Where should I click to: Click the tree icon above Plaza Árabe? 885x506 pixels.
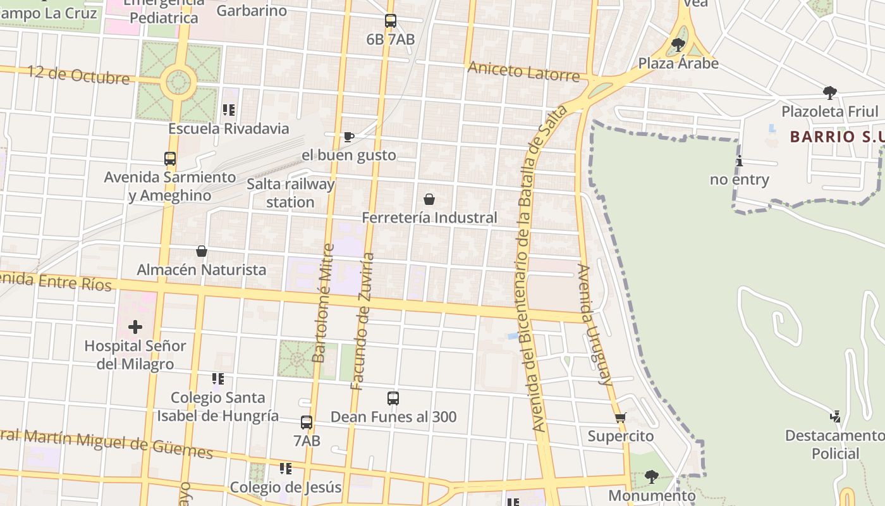[x=678, y=45]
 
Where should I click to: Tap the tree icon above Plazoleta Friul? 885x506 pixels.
[x=830, y=93]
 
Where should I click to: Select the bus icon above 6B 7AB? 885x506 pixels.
[x=391, y=21]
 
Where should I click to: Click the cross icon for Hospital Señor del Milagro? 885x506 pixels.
[x=135, y=327]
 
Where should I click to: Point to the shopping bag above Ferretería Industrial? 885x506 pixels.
[x=429, y=199]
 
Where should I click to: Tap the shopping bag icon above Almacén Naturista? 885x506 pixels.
[x=202, y=251]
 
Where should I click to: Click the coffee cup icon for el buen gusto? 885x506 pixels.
[x=348, y=137]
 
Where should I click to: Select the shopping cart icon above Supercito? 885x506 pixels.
[x=620, y=417]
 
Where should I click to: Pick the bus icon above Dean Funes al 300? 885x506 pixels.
[x=393, y=398]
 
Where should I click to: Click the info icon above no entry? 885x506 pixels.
[x=740, y=161]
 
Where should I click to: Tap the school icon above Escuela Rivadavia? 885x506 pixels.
[x=229, y=110]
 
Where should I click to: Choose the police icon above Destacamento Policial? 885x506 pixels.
[x=836, y=417]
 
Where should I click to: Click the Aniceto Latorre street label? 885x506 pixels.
[x=523, y=71]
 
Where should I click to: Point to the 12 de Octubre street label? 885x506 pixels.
[x=78, y=75]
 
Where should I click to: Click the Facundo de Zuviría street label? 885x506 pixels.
[x=363, y=321]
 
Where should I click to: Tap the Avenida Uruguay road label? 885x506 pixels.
[x=595, y=324]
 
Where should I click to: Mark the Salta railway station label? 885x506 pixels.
[x=290, y=193]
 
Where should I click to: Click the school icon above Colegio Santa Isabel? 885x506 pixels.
[x=218, y=379]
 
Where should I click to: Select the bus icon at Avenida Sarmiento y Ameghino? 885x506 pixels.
[x=170, y=159]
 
